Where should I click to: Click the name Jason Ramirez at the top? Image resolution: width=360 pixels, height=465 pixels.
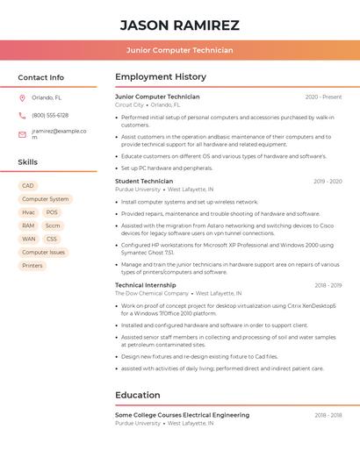179,25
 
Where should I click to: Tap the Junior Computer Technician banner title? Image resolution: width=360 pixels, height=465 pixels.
179,50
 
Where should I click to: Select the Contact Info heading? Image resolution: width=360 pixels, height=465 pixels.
40,77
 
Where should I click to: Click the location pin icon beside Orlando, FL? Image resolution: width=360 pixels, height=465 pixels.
22,98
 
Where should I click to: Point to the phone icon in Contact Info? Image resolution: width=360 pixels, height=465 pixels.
22,115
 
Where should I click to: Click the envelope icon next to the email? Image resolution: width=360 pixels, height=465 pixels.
22,134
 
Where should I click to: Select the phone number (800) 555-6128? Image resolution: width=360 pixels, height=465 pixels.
50,115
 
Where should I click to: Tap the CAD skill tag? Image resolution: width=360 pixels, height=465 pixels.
28,186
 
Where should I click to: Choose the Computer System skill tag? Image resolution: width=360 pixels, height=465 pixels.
45,199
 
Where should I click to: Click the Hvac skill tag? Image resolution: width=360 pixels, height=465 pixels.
29,212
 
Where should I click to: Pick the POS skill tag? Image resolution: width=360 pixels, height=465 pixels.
52,212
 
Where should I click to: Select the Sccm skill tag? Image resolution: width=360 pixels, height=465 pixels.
53,225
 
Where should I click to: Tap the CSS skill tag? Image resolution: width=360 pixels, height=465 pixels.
52,239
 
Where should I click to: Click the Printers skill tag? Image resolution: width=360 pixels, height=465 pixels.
32,265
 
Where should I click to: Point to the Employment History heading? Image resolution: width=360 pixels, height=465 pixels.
161,77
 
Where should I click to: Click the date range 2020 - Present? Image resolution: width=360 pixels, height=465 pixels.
323,97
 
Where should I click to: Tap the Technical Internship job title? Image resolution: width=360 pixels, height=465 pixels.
146,285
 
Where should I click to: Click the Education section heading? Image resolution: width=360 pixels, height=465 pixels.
138,395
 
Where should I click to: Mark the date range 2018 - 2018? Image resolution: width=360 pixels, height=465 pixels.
328,415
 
